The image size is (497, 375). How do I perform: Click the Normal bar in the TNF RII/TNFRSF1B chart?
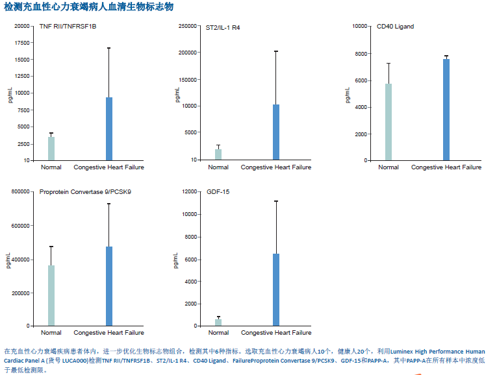(x=51, y=149)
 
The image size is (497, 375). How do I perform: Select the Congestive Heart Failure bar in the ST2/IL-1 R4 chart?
(x=276, y=132)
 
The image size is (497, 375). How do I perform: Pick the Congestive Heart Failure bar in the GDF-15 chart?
(x=276, y=290)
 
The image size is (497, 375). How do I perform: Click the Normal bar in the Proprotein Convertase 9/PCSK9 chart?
(x=51, y=296)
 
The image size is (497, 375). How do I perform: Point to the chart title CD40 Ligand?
(x=395, y=27)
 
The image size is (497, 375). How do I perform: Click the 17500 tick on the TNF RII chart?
(x=21, y=43)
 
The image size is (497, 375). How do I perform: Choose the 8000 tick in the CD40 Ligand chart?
(x=361, y=53)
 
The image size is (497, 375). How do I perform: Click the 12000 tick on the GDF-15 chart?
(x=189, y=192)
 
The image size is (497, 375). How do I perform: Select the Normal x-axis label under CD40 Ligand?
(x=389, y=167)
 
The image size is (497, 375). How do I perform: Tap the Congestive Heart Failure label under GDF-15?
(x=276, y=333)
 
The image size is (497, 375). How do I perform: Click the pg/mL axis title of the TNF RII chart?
(x=10, y=95)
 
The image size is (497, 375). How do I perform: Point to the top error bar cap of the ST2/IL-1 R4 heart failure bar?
(x=276, y=51)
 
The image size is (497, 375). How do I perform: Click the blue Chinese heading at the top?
(x=89, y=6)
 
